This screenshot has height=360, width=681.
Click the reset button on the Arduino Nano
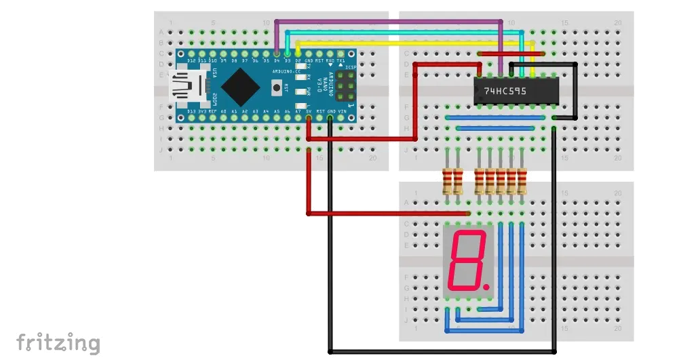coord(276,86)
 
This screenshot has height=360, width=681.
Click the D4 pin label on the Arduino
coord(277,61)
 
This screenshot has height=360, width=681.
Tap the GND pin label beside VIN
coord(332,111)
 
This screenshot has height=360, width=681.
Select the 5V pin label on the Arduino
coord(310,111)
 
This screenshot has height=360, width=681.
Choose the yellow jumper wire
coord(407,43)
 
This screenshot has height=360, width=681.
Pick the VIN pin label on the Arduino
coord(341,111)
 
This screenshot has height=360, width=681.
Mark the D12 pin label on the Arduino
coord(182,61)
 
